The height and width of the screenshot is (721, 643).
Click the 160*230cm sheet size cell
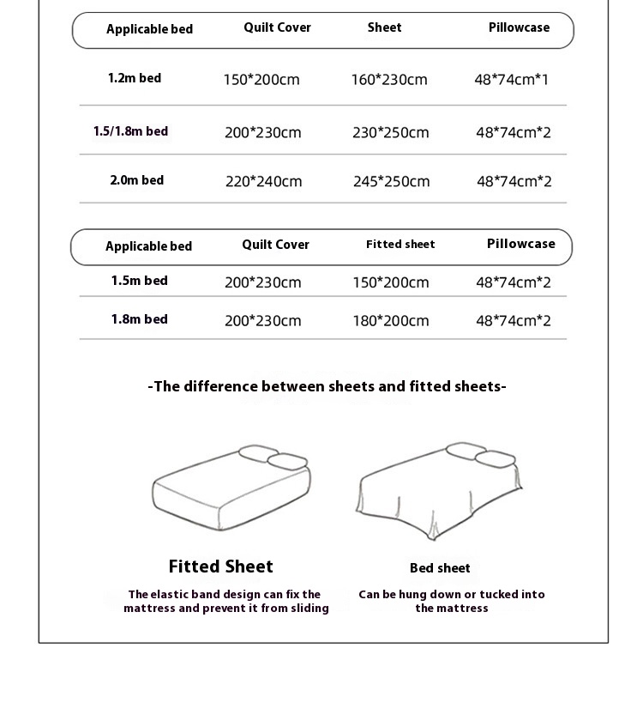tap(389, 80)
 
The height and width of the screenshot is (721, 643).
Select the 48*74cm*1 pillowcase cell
tap(512, 80)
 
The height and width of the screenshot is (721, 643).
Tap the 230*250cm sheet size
tap(391, 132)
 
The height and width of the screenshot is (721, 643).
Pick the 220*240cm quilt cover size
tap(264, 181)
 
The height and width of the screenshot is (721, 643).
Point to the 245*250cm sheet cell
tap(392, 181)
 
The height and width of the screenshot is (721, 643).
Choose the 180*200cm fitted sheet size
tap(391, 321)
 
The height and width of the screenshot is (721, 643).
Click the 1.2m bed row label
tap(135, 78)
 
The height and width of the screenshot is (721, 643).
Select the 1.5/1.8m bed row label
tap(130, 131)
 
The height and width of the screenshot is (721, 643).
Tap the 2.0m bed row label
tap(136, 180)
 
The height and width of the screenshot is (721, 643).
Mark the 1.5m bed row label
tap(139, 281)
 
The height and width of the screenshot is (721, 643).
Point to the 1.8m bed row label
tap(139, 319)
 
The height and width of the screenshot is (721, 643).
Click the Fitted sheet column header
tap(400, 245)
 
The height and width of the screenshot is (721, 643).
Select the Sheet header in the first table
tap(385, 27)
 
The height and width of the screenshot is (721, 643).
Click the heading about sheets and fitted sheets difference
tap(328, 386)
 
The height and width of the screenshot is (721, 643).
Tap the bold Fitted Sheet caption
tap(221, 566)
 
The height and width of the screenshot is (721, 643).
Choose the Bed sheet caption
tap(440, 568)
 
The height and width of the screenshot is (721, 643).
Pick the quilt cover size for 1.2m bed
tap(261, 80)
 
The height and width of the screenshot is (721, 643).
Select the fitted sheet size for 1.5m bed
tap(391, 282)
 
